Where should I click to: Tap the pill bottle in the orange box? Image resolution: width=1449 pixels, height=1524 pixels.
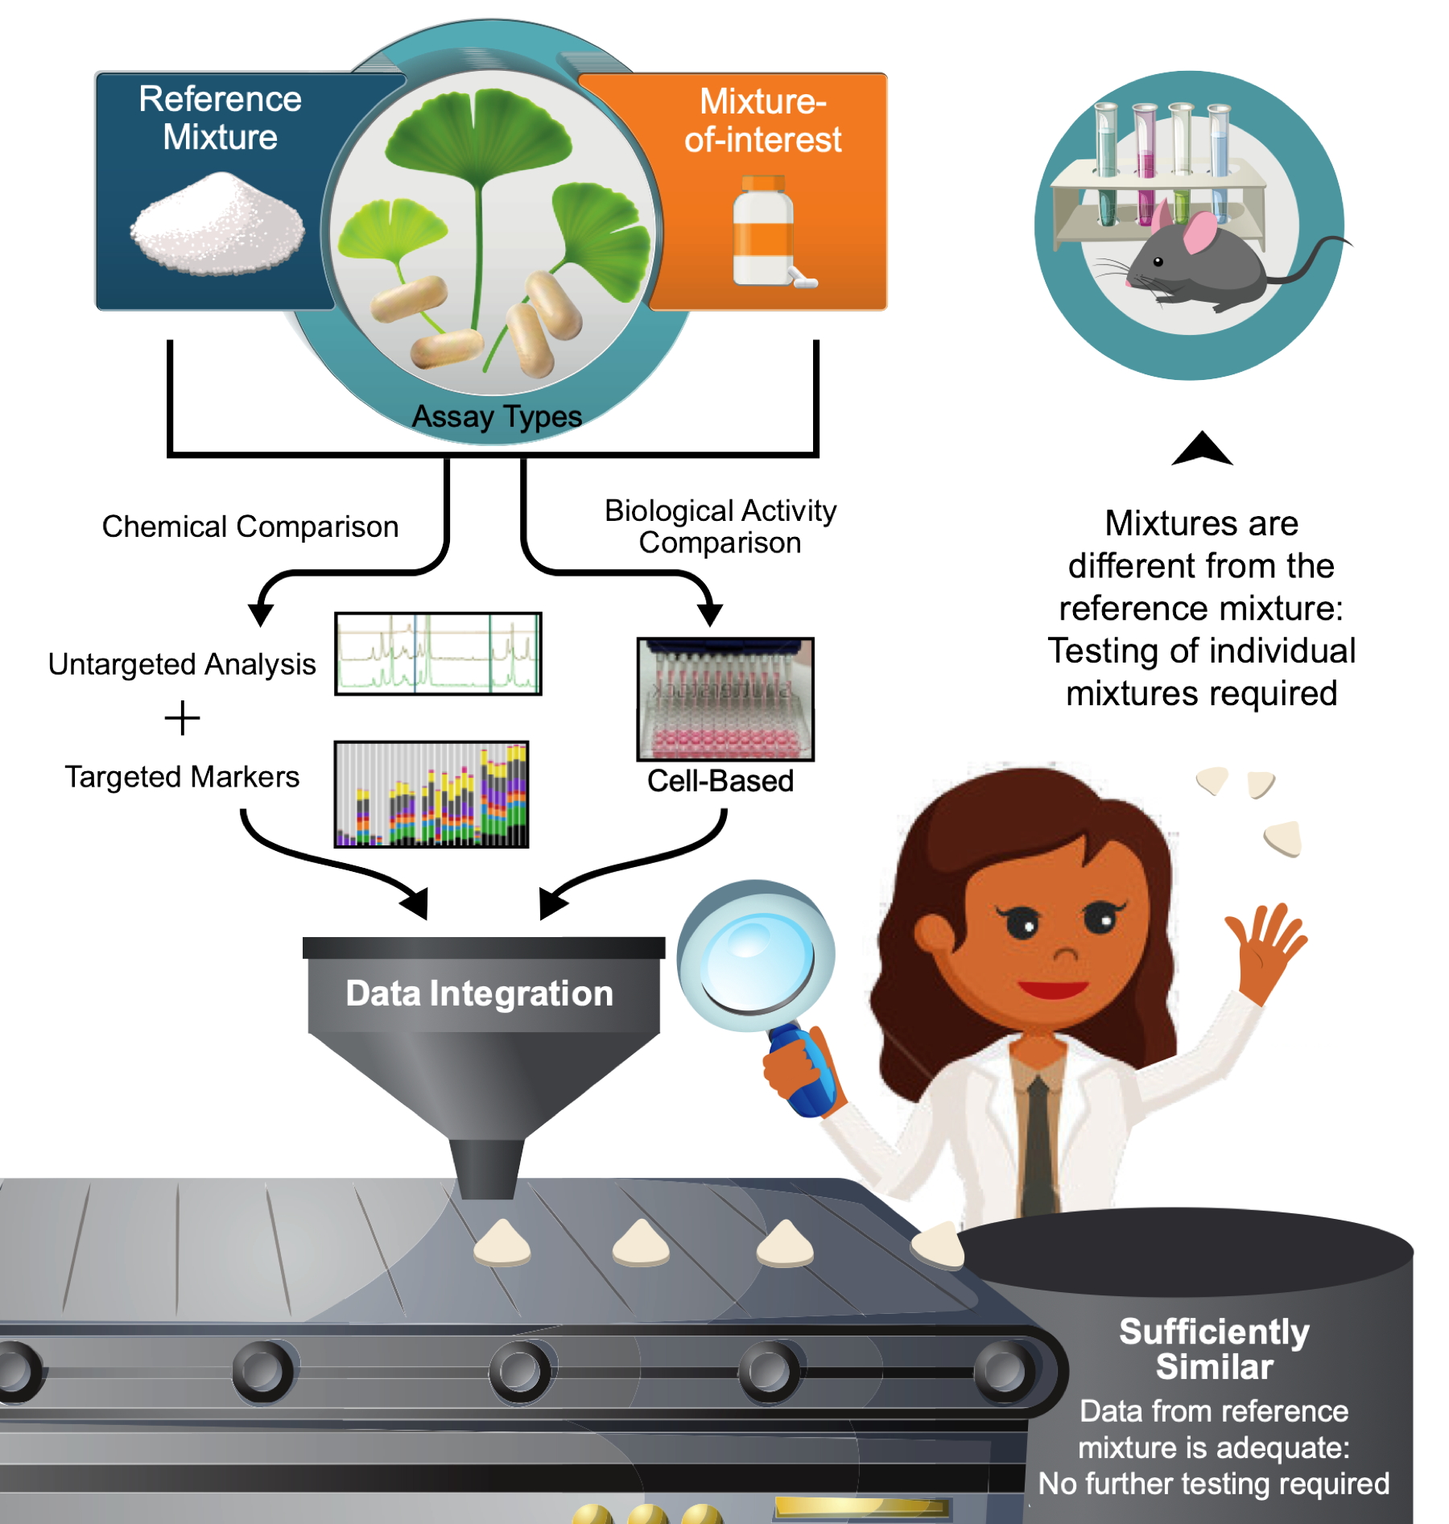pos(764,234)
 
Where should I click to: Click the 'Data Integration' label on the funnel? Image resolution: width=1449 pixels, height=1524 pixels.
pos(480,993)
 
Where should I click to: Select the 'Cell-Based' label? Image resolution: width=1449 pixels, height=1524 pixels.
pos(720,781)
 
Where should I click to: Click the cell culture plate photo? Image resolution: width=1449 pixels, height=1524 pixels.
pos(725,699)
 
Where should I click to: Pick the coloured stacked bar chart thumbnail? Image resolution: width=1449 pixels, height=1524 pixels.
pos(431,794)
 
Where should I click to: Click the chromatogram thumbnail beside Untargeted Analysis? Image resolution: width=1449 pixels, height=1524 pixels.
pos(438,654)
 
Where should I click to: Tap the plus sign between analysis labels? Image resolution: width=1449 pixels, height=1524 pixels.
pos(182,717)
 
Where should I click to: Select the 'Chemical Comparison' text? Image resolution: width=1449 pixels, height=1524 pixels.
pos(250,527)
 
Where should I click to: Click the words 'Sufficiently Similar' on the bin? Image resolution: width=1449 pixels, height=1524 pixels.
pos(1214,1349)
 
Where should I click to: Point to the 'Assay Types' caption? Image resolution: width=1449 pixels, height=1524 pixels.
pos(497,416)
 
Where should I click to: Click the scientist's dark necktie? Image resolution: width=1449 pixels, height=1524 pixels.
pos(1038,1143)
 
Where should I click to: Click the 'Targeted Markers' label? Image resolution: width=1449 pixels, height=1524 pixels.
pos(182,777)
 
